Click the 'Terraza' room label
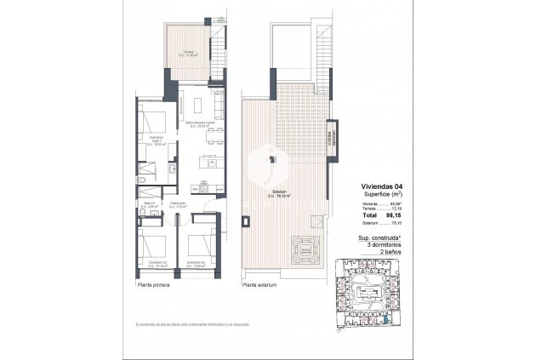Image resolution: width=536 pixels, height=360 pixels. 187,53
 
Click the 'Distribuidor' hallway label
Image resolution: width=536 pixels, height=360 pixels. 179,203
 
